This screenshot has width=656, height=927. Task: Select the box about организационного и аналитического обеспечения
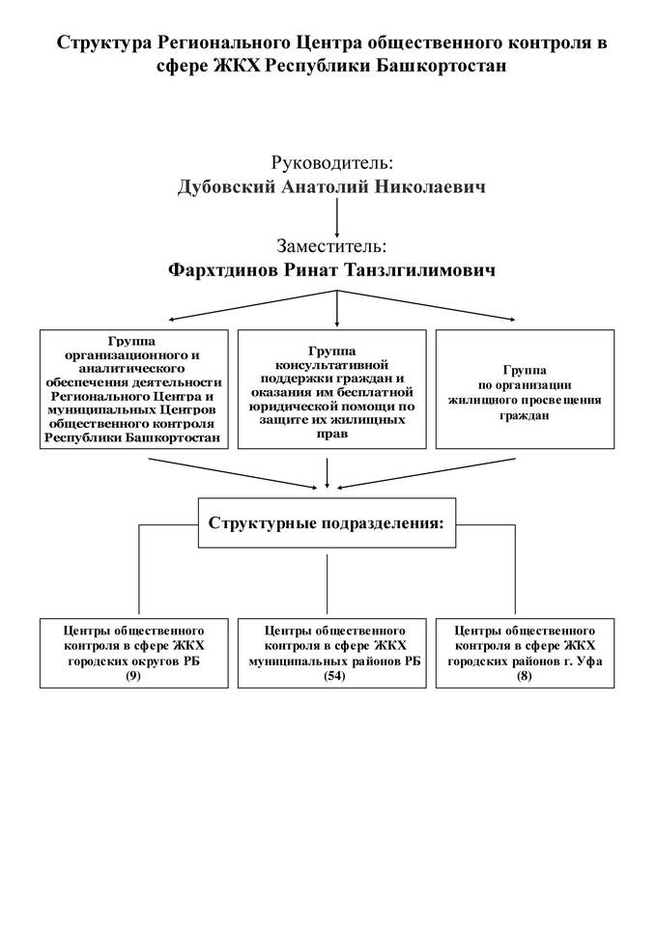pos(134,389)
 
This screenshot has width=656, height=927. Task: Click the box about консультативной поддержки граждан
pos(332,389)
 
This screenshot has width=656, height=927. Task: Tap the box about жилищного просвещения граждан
pos(524,389)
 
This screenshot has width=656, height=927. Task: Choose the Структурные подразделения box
pos(328,524)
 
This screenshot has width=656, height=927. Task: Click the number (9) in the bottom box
pos(134,676)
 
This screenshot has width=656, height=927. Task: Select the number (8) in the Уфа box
pos(524,676)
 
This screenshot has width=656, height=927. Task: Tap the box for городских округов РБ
pos(134,652)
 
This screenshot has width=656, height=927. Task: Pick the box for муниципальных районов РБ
pos(332,652)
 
